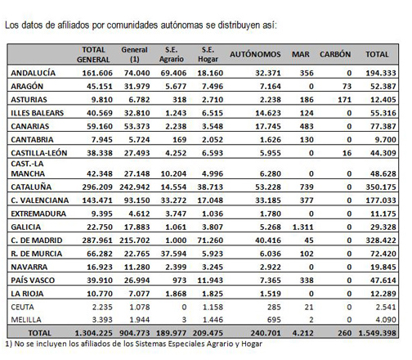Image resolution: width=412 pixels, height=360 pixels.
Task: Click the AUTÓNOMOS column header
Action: click(255, 54)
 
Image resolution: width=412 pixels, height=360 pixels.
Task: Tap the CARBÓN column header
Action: click(335, 54)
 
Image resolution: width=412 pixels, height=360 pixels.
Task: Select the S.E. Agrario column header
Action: click(172, 54)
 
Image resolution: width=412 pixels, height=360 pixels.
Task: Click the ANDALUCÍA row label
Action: click(33, 73)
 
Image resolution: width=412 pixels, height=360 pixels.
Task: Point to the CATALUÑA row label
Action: click(31, 187)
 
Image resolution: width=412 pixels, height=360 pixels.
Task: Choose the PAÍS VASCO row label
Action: click(33, 280)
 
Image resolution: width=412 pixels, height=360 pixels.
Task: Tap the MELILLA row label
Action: click(26, 319)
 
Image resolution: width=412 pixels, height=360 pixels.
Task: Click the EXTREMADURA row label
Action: click(38, 214)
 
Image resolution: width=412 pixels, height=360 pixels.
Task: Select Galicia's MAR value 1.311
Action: click(302, 227)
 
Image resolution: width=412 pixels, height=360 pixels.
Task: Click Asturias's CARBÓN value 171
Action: click(345, 100)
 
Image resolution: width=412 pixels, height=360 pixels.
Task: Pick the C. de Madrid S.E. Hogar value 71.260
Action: click(210, 241)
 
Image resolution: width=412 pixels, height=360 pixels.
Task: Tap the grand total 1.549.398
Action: click(377, 333)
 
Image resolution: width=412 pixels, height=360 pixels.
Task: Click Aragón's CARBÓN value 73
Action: click(347, 86)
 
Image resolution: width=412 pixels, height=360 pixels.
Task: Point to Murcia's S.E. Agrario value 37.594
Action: click(173, 254)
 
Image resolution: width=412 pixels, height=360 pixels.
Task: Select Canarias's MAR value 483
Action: click(307, 126)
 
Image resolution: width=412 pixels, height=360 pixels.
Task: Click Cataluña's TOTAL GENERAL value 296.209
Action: click(97, 187)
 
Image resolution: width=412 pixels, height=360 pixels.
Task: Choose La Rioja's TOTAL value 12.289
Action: click(383, 294)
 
